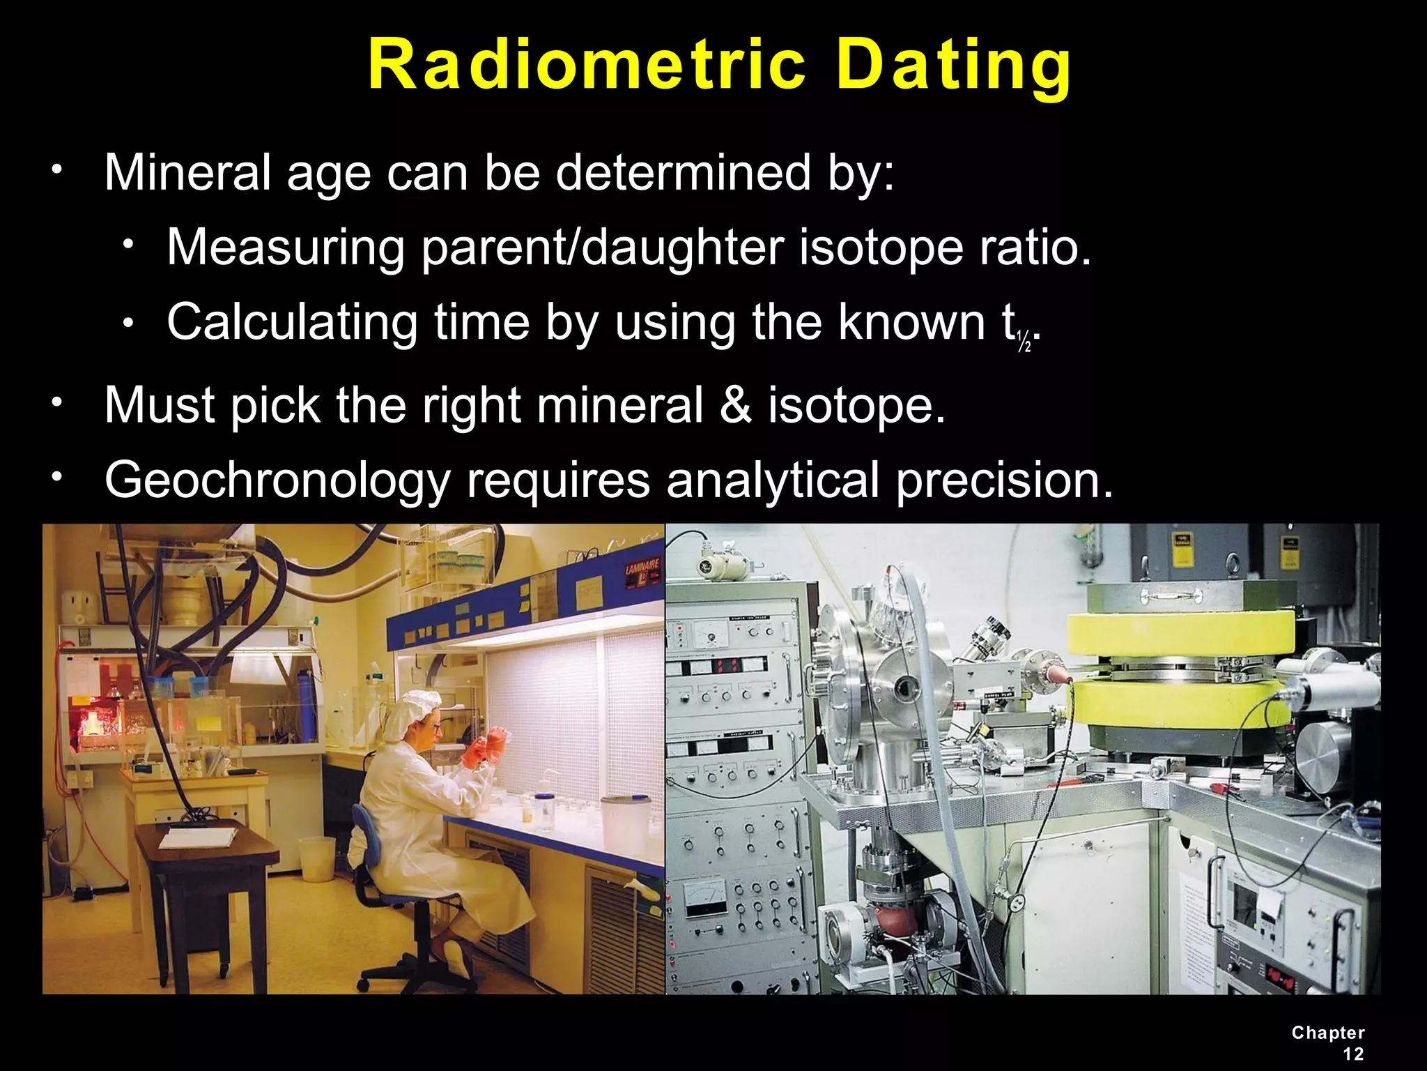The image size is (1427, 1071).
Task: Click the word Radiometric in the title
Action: coord(586,65)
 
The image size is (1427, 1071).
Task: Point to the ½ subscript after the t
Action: coord(1024,342)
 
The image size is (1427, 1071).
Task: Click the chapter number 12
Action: coord(1352,1054)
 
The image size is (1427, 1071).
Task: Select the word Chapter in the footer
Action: coord(1328,1033)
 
